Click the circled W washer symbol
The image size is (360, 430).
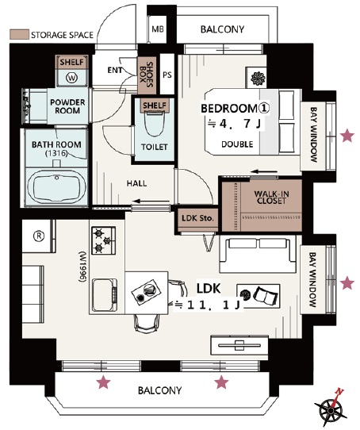click(x=71, y=78)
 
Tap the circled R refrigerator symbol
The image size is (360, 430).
click(x=39, y=236)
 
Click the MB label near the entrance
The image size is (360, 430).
click(x=158, y=29)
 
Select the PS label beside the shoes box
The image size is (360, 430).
click(x=167, y=75)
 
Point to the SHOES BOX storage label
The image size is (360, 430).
click(x=146, y=75)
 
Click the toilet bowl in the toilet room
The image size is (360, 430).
click(x=154, y=124)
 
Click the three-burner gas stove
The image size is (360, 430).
click(x=103, y=240)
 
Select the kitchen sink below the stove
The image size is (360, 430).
click(x=105, y=295)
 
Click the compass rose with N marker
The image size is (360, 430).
click(x=331, y=408)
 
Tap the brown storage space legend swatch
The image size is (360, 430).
click(x=19, y=35)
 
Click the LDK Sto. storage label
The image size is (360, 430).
click(x=197, y=218)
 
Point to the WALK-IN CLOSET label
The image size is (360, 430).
click(x=271, y=198)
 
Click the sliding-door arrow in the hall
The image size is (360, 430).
click(x=151, y=202)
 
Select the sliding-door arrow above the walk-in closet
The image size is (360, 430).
click(x=264, y=171)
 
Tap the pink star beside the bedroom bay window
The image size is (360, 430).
click(x=347, y=136)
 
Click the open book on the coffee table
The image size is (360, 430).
click(x=266, y=295)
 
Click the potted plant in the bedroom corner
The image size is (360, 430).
click(x=258, y=79)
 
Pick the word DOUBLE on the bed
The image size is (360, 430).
click(x=237, y=144)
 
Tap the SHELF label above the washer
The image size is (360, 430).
click(x=71, y=62)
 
